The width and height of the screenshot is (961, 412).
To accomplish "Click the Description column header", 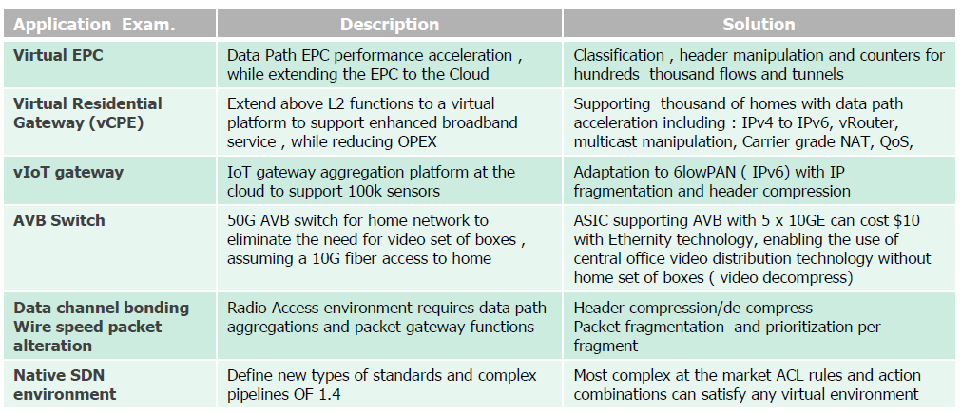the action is pos(389,25).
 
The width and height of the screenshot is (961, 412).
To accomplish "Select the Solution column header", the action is pos(759,25).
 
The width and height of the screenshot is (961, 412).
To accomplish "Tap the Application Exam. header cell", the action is pos(94,25).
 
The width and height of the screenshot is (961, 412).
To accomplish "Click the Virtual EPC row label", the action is pos(58,56).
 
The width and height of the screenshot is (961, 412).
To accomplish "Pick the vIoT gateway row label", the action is pos(68,173).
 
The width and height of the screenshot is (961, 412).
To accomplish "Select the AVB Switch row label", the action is pos(59,220).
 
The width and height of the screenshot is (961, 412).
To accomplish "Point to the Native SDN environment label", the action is pos(65,384).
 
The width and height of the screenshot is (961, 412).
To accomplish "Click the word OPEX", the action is pos(417,142).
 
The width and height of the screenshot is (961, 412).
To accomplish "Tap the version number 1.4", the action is pos(329,394).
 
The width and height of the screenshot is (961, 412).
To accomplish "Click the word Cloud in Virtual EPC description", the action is pos(468,75).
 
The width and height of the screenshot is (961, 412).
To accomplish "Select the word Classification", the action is pos(619,56).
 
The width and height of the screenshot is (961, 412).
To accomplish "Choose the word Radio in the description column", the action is pos(246,308).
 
